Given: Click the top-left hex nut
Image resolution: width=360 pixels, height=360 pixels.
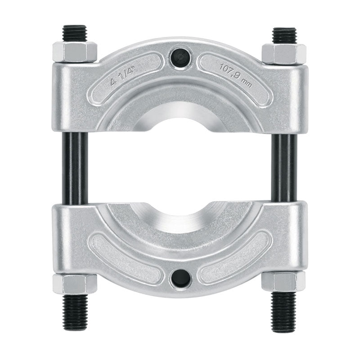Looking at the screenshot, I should coord(75,52).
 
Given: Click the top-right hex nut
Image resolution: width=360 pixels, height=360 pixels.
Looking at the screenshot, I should coord(284,54).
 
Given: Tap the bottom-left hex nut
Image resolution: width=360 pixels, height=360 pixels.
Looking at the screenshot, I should coord(75,283).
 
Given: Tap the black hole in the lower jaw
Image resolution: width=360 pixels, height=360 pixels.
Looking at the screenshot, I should coord(181,279).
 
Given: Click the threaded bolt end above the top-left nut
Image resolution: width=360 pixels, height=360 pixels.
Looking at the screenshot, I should coord(74,33).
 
